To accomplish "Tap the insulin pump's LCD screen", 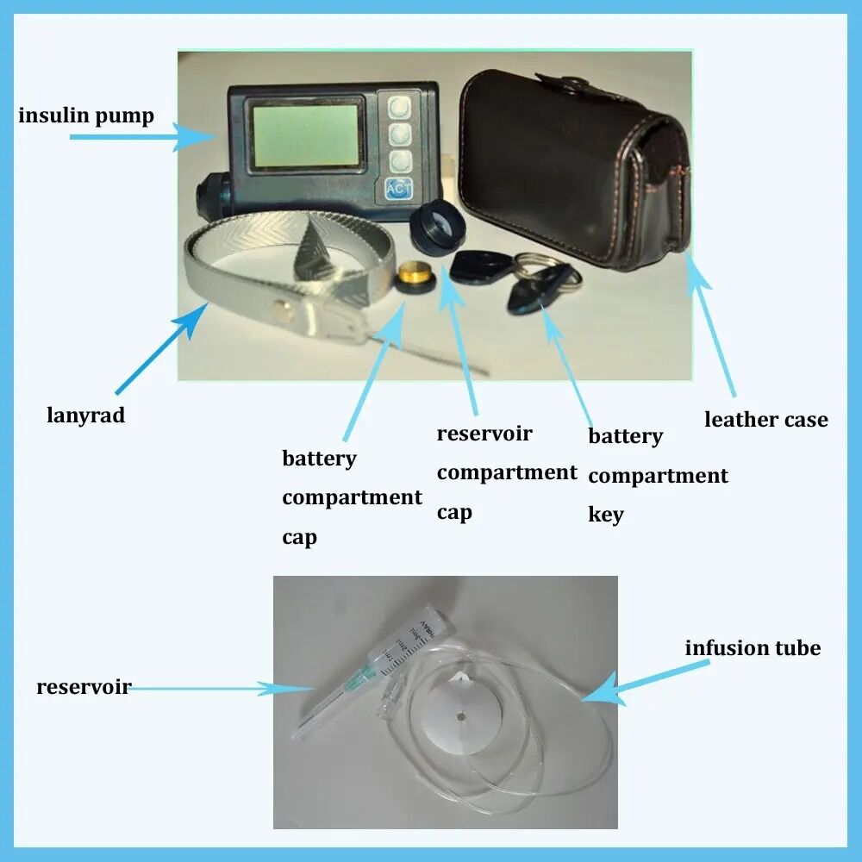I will coord(305,135).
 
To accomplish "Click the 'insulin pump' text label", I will coord(86,116).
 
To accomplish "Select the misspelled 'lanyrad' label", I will coord(85,415).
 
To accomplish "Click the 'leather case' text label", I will coord(765,420).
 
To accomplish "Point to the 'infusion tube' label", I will coord(753,647).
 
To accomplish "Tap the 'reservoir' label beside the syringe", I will coord(83,687).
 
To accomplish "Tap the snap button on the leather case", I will coord(567,84).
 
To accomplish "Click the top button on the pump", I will coord(398,107).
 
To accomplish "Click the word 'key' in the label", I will coord(605,515).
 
